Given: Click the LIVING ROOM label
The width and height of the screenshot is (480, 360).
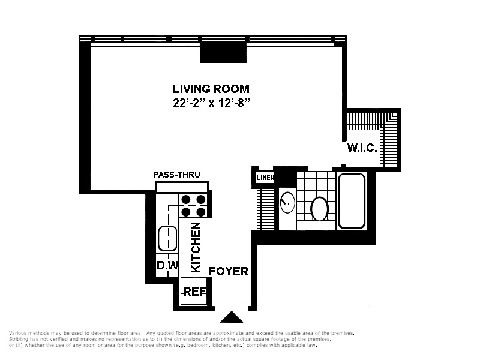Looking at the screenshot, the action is pyautogui.click(x=211, y=89).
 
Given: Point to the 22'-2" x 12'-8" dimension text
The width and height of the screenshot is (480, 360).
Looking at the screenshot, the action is pyautogui.click(x=211, y=103).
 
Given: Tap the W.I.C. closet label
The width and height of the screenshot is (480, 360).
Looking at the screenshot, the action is pyautogui.click(x=362, y=148).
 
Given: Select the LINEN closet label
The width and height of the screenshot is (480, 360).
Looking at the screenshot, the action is pyautogui.click(x=265, y=178).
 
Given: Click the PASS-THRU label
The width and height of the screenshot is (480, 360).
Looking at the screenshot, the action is pyautogui.click(x=177, y=175).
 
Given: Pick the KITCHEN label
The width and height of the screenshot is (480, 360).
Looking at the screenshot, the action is pyautogui.click(x=196, y=247).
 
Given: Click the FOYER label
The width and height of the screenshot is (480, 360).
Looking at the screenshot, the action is pyautogui.click(x=229, y=271).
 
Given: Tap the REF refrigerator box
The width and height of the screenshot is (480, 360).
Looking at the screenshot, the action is pyautogui.click(x=194, y=292).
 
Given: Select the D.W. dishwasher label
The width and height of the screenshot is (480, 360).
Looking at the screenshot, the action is pyautogui.click(x=167, y=265).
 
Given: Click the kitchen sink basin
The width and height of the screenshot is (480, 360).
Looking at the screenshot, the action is pyautogui.click(x=167, y=238).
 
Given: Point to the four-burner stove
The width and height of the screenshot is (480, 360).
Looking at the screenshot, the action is pyautogui.click(x=193, y=205).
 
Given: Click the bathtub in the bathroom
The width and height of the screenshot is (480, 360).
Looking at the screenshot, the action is pyautogui.click(x=352, y=201).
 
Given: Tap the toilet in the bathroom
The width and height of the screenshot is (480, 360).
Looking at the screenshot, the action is pyautogui.click(x=319, y=209).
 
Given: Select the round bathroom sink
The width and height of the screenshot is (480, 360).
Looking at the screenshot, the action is pyautogui.click(x=287, y=202).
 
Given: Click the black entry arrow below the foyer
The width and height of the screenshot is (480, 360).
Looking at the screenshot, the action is pyautogui.click(x=232, y=317).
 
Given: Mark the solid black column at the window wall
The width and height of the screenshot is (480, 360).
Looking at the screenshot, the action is pyautogui.click(x=223, y=52).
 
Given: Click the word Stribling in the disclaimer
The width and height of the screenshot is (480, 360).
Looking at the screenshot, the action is pyautogui.click(x=19, y=339).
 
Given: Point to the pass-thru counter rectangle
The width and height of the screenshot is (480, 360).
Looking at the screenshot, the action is pyautogui.click(x=182, y=187).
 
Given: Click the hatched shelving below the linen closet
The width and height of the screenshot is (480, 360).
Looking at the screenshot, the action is pyautogui.click(x=265, y=209).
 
